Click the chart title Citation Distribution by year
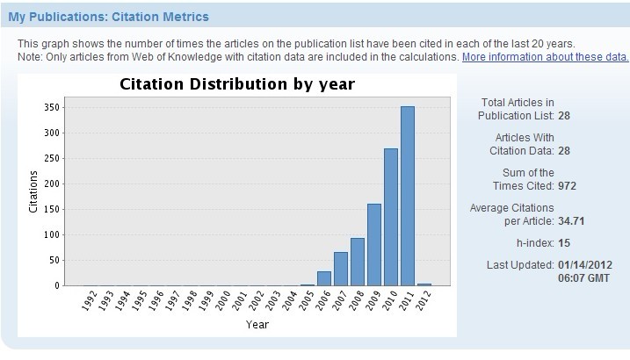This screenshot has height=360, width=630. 236,84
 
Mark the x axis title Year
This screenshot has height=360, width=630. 257,325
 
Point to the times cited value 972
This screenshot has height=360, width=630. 567,185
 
